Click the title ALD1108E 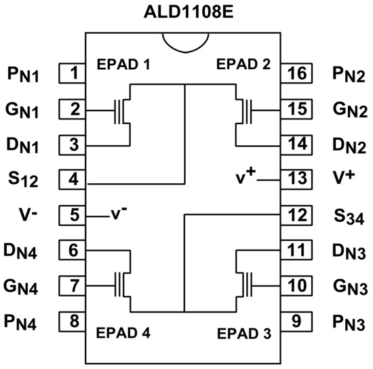pos(186,12)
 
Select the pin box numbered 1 pos(72,72)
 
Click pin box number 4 pos(72,180)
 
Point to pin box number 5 pos(72,215)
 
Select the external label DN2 pos(349,144)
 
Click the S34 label pos(349,217)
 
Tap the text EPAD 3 pos(243,334)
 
